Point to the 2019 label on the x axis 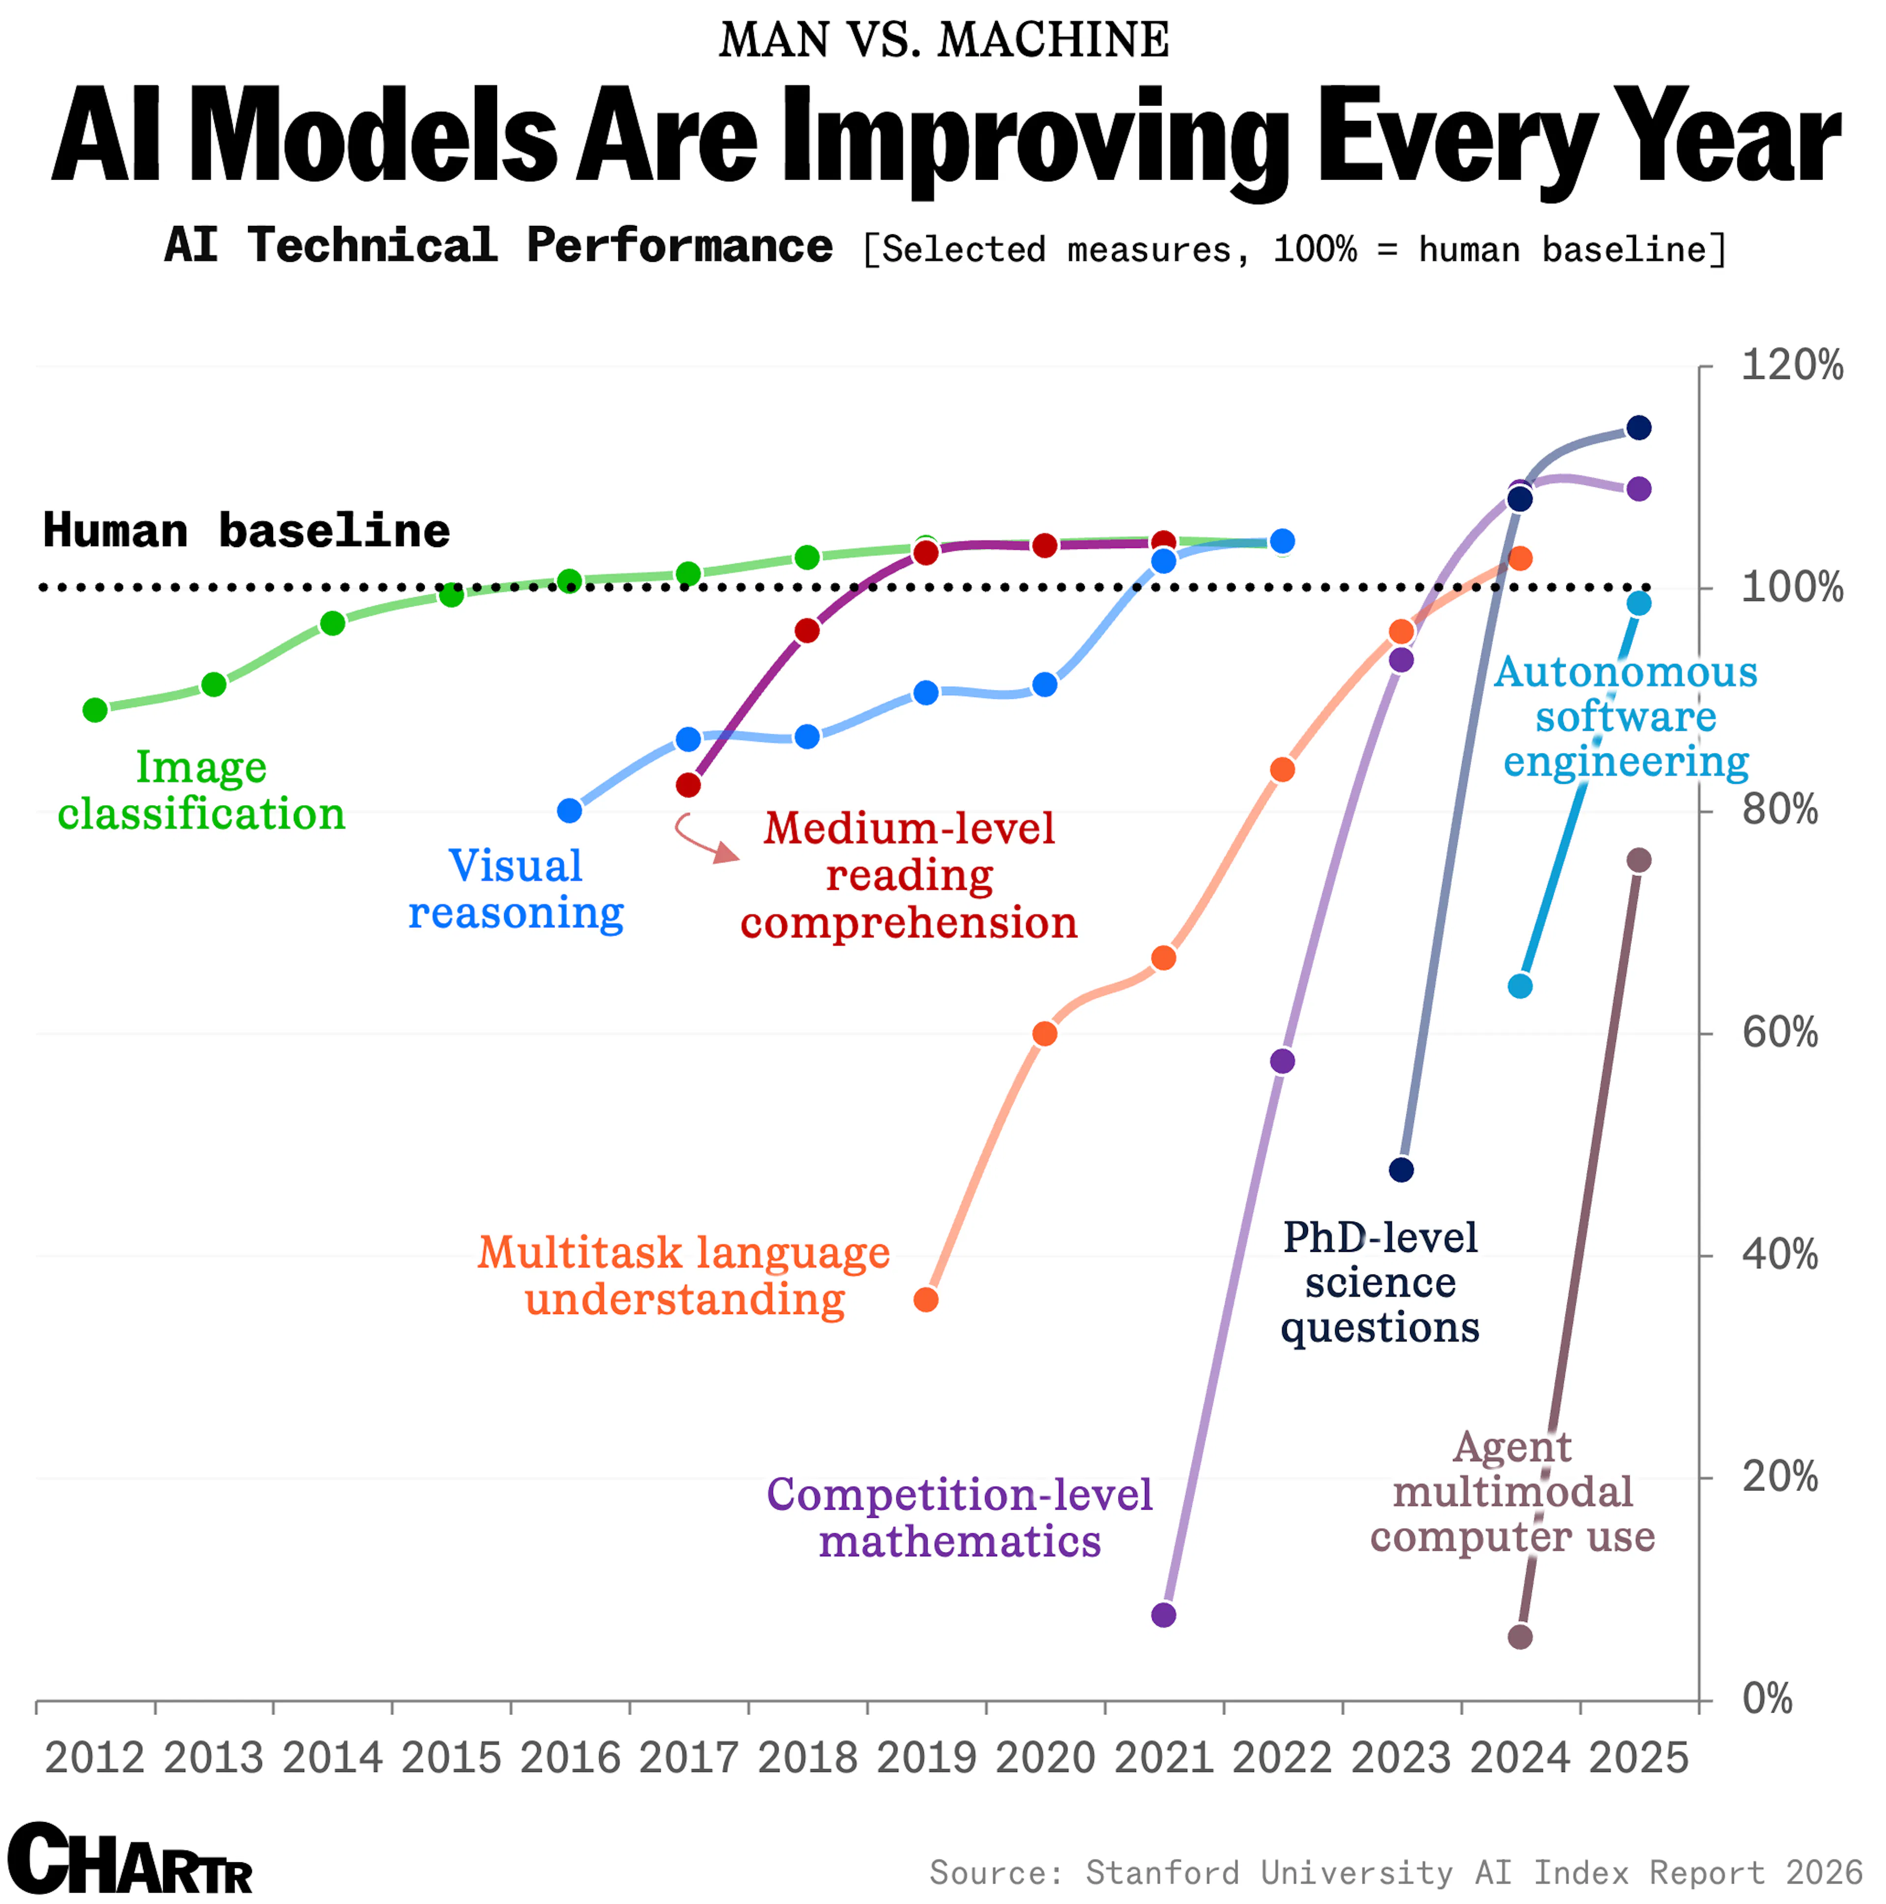point(925,1758)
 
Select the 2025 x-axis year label point(1638,1758)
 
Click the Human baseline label point(247,531)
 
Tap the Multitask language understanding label point(684,1276)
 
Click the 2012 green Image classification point point(95,710)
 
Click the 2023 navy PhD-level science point point(1401,1170)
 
